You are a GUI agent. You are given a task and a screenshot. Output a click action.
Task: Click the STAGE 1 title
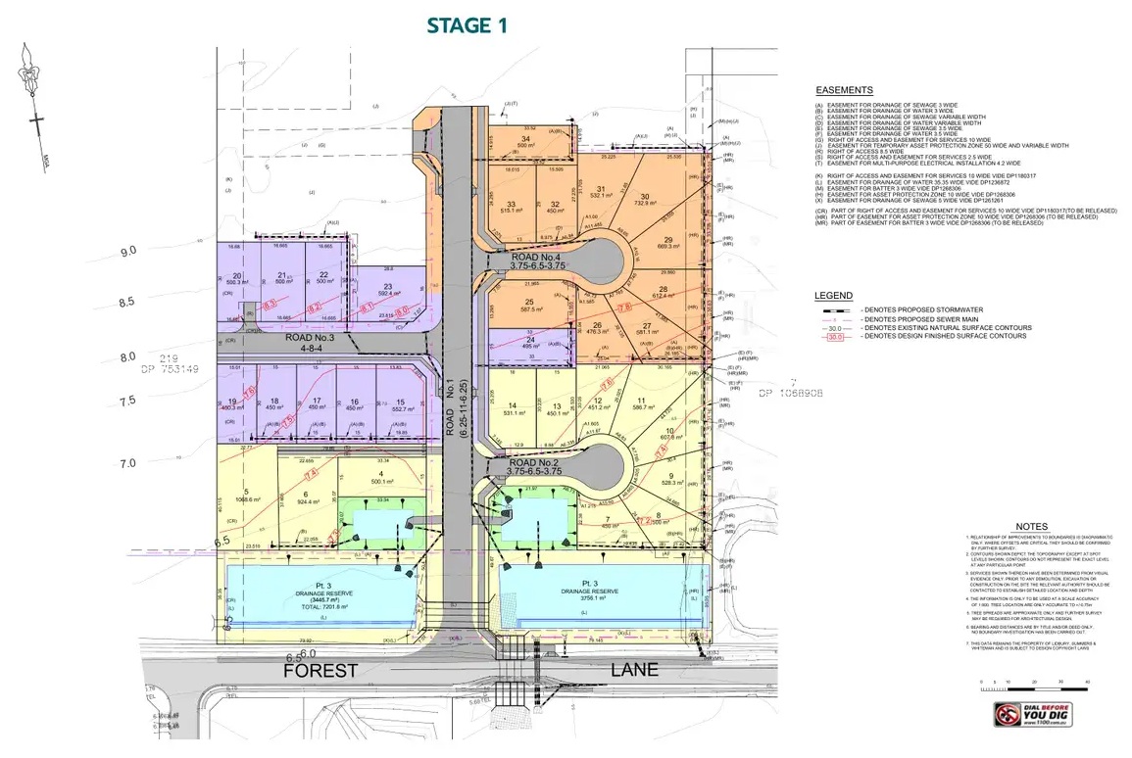(x=467, y=26)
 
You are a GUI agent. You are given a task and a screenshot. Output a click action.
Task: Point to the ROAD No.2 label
(x=534, y=463)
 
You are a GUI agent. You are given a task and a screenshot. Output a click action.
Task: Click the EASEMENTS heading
(x=844, y=90)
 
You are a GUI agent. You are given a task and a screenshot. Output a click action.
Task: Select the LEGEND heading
(x=833, y=296)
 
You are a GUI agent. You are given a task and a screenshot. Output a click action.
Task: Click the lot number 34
(x=526, y=139)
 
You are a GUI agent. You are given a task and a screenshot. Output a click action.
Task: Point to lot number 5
(x=233, y=492)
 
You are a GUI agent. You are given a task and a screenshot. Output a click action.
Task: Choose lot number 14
(x=513, y=405)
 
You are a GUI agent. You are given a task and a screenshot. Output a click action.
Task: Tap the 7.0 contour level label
(x=126, y=462)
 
